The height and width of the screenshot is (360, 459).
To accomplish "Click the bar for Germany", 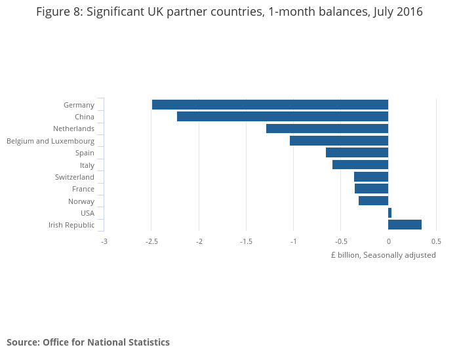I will [269, 105].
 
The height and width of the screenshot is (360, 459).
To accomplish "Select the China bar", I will [283, 117].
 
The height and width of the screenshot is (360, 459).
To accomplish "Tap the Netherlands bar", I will [327, 129].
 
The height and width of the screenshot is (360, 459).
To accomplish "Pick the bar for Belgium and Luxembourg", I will [339, 141].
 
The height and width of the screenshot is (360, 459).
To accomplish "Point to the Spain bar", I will [357, 153].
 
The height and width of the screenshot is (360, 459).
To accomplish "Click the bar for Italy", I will [360, 165].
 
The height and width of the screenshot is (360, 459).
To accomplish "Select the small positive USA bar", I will [389, 213].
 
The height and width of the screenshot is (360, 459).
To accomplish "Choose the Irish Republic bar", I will [405, 225].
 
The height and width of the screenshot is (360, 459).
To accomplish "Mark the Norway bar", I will [373, 201].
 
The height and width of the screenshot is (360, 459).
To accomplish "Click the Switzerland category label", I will [75, 177].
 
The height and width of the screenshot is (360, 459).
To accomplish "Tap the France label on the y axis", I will [83, 189].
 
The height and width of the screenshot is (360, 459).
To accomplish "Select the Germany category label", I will [79, 105].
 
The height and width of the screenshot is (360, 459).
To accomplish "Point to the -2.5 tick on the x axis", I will [151, 241].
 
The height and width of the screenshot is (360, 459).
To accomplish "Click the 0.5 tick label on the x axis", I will [436, 241].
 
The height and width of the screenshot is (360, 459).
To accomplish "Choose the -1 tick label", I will [293, 241].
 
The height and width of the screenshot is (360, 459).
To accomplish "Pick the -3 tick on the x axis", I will [104, 241].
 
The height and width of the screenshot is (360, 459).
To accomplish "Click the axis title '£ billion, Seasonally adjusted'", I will [383, 255].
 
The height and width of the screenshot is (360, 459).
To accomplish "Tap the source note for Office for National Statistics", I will [88, 342].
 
